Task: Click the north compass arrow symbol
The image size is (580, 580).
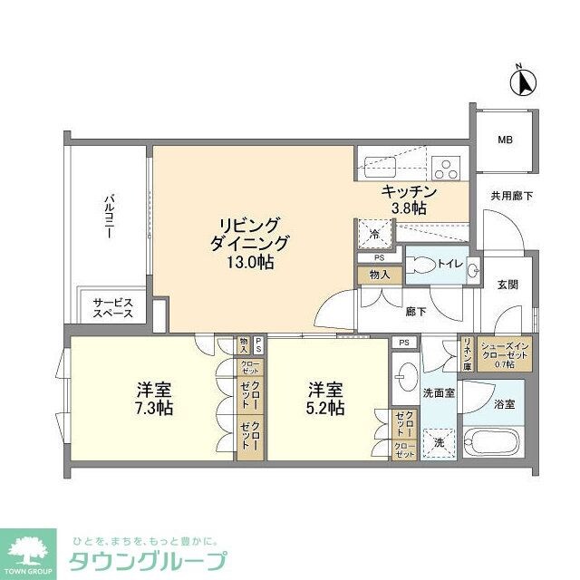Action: coord(522,82)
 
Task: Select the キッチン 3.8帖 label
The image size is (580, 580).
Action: coord(409,199)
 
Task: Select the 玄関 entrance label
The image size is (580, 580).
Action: coord(507,285)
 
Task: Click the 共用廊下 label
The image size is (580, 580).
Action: coord(511,194)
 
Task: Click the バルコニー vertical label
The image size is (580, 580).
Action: coord(108,215)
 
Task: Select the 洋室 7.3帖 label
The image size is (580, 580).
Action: coord(154,398)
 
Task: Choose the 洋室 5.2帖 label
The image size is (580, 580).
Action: coord(324,398)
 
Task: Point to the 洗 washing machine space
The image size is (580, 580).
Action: coord(439,443)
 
